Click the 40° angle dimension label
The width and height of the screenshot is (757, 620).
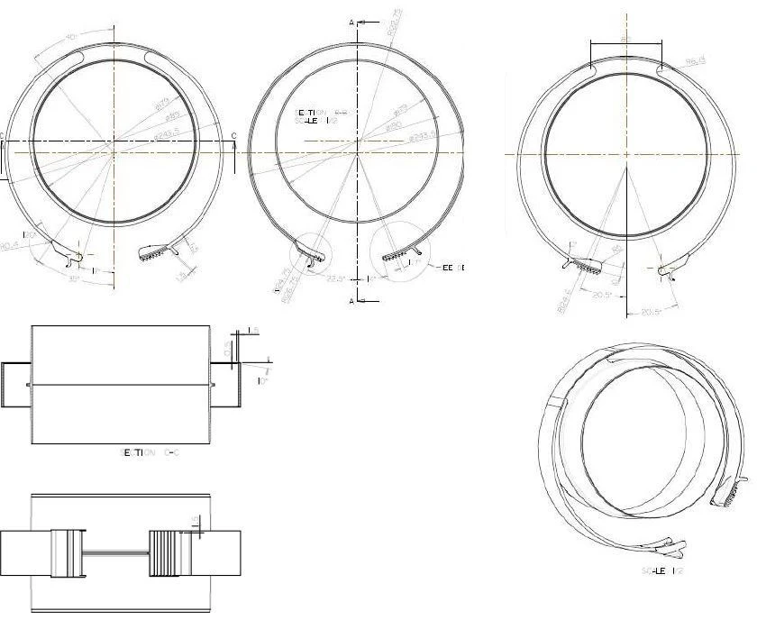pos(71,37)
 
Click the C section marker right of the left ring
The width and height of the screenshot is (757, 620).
pos(234,136)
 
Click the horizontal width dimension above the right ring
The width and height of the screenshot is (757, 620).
pos(625,41)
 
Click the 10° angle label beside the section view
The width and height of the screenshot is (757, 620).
pos(262,381)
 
